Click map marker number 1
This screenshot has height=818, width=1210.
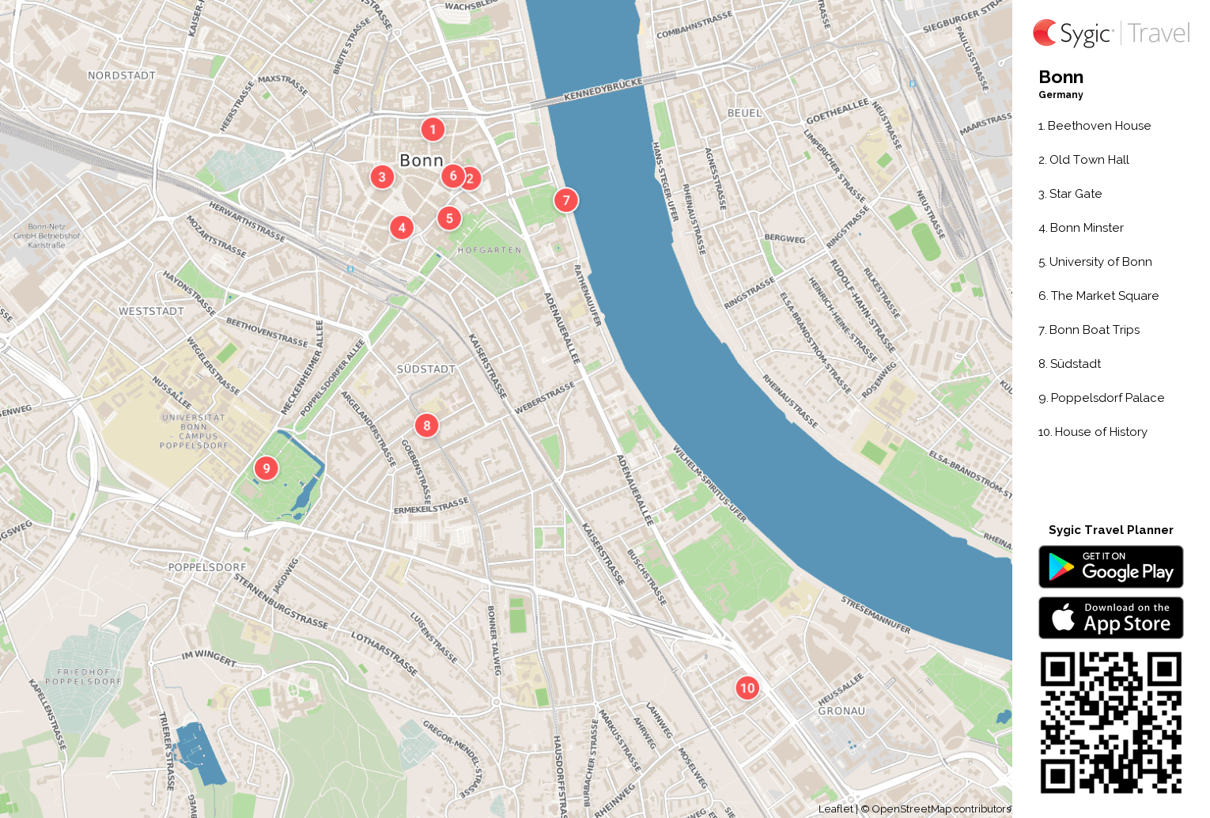(433, 130)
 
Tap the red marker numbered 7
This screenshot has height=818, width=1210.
(565, 200)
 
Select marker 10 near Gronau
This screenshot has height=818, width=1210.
(747, 688)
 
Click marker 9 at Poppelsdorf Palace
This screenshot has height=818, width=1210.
(267, 468)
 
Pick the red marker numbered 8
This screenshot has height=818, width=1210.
(427, 426)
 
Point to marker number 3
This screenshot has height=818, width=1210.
(382, 177)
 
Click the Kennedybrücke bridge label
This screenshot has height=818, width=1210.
(603, 89)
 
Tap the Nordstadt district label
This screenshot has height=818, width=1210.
(121, 76)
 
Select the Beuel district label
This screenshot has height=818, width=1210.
(744, 113)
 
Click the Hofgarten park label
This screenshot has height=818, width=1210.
(490, 250)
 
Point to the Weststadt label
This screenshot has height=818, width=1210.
(151, 312)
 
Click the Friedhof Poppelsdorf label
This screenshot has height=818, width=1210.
(84, 676)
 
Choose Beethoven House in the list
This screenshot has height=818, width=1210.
(1098, 126)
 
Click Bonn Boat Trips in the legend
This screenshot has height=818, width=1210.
(1094, 330)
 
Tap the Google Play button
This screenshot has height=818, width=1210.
(1110, 567)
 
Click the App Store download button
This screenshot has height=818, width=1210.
(1110, 618)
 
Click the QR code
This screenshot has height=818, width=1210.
(1110, 722)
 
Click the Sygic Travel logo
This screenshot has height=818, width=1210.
(1110, 33)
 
